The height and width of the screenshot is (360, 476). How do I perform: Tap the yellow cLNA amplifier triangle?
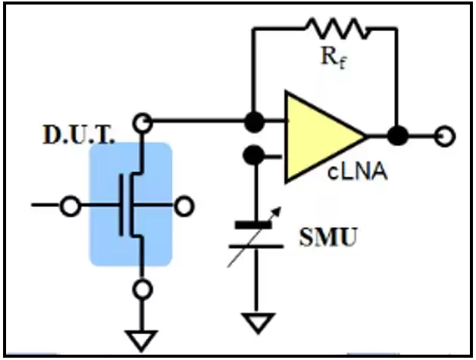pyautogui.click(x=318, y=137)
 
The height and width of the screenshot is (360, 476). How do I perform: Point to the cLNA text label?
pyautogui.click(x=358, y=172)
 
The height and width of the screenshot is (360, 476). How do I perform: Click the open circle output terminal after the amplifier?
pyautogui.click(x=447, y=136)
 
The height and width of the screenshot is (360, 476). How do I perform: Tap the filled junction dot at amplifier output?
pyautogui.click(x=396, y=136)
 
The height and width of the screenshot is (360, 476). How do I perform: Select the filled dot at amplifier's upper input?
pyautogui.click(x=253, y=121)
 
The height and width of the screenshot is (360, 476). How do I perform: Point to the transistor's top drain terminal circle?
pyautogui.click(x=141, y=122)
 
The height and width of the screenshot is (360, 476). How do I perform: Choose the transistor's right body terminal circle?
pyautogui.click(x=183, y=205)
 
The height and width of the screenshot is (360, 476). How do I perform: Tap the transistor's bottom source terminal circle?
pyautogui.click(x=141, y=289)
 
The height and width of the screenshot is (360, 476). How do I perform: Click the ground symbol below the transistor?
pyautogui.click(x=141, y=338)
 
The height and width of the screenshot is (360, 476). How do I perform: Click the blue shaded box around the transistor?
pyautogui.click(x=130, y=205)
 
